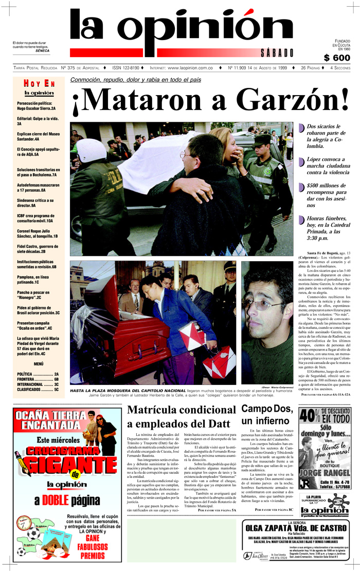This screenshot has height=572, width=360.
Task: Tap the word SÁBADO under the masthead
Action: (276, 53)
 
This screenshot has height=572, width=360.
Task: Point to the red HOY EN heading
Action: (39, 83)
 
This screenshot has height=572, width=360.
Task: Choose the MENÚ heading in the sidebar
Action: (39, 363)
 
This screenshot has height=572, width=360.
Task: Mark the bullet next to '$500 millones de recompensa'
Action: (301, 188)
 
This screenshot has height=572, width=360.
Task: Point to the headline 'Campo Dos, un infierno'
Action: (267, 415)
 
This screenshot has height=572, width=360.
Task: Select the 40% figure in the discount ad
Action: (310, 415)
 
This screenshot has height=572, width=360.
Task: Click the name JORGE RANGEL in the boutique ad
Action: (325, 473)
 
